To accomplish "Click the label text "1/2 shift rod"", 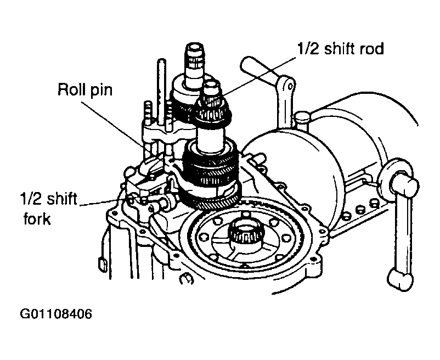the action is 340,49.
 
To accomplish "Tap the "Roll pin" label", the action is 85,90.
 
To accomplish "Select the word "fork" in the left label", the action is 37,218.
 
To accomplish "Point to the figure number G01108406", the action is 56,314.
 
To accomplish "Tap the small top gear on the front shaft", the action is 213,109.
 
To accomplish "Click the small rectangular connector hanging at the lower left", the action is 103,265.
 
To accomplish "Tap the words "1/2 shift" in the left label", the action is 48,199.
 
